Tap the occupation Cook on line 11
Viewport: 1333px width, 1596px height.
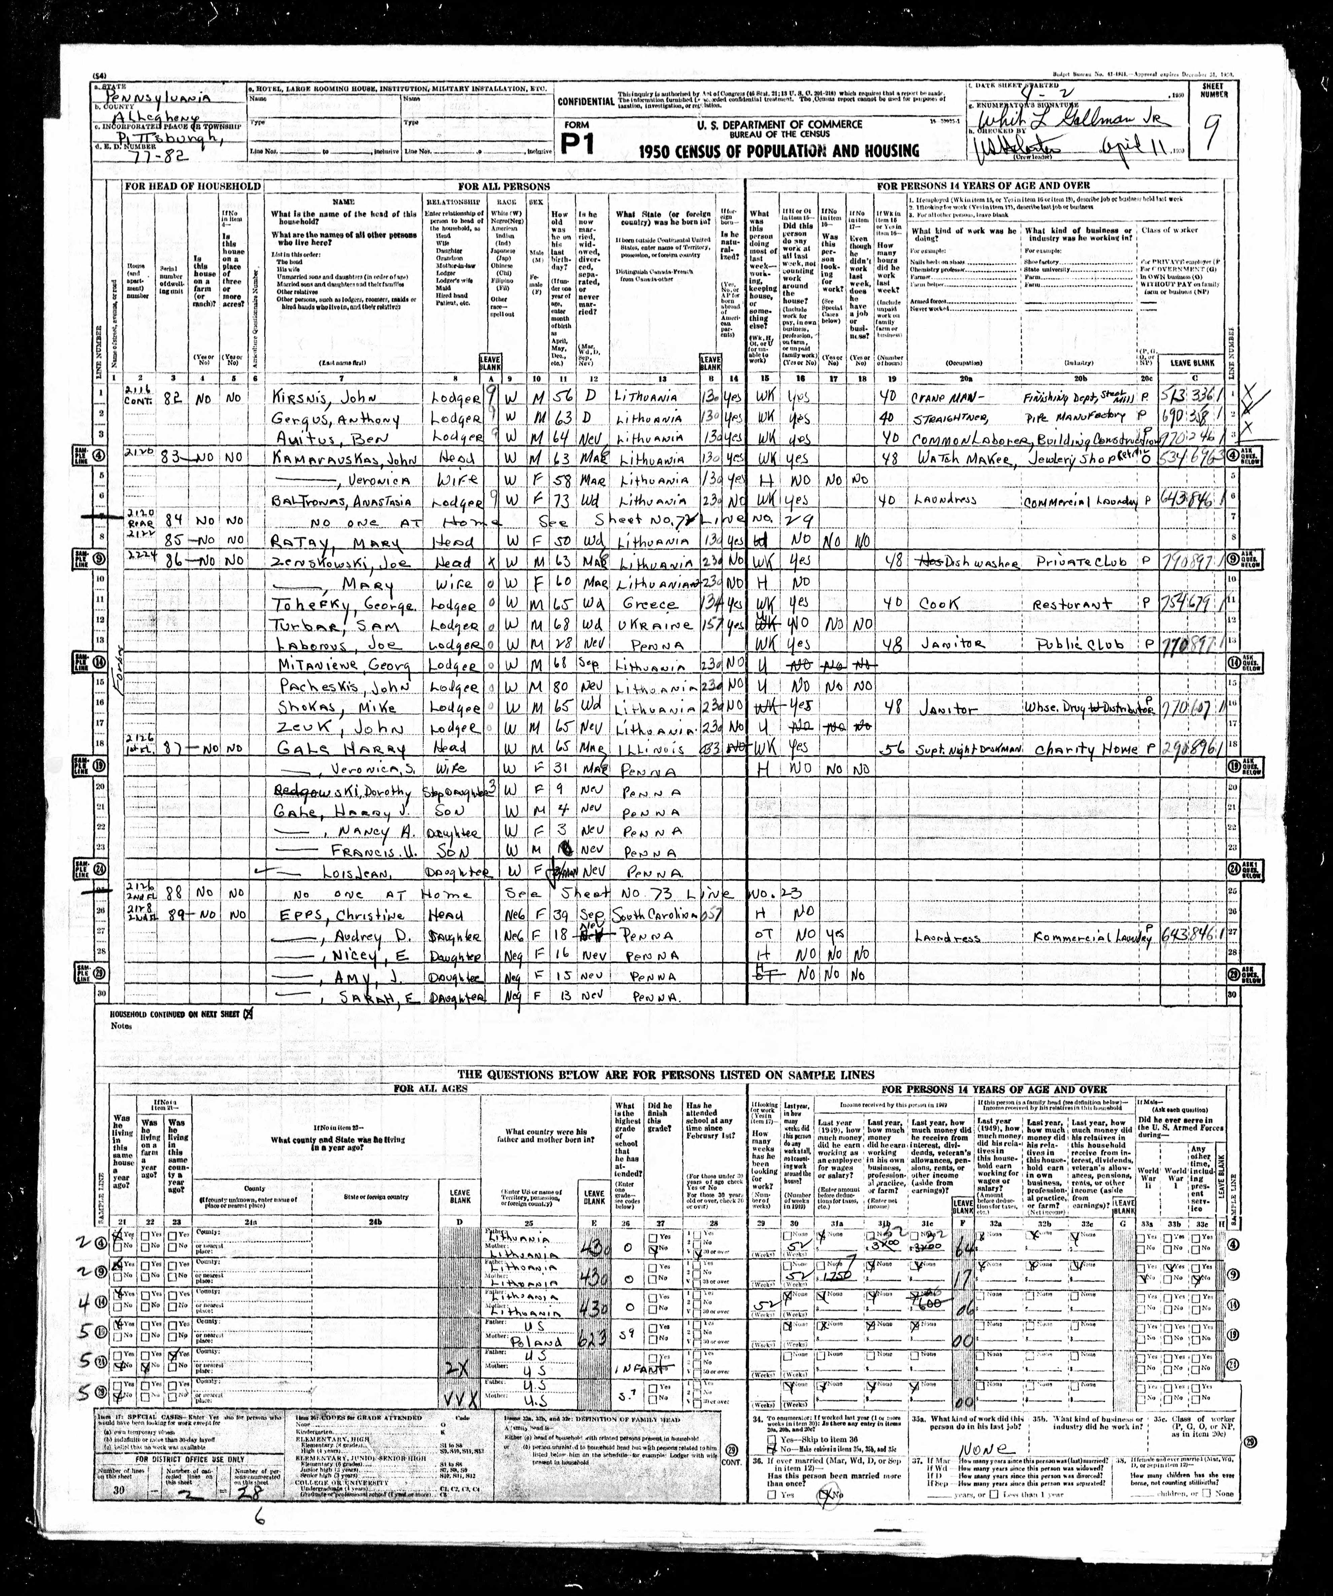940,603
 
